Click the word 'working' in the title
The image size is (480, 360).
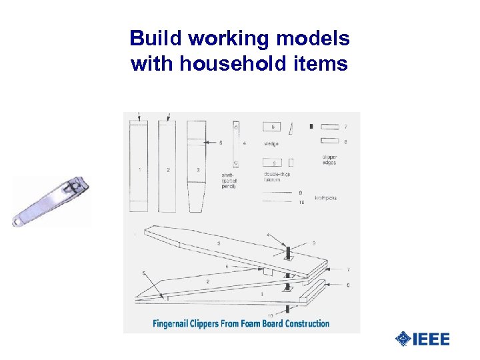(219, 39)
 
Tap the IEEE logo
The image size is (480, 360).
(423, 339)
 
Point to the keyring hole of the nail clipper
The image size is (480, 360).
(17, 221)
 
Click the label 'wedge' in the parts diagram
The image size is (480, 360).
(271, 143)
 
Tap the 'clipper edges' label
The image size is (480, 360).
(329, 160)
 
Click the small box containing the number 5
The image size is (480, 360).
(271, 125)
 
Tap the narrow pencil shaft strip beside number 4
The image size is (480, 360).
(236, 143)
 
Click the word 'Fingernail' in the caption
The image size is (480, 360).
(175, 324)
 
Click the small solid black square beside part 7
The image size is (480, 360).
(311, 125)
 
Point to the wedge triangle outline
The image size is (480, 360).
(291, 127)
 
